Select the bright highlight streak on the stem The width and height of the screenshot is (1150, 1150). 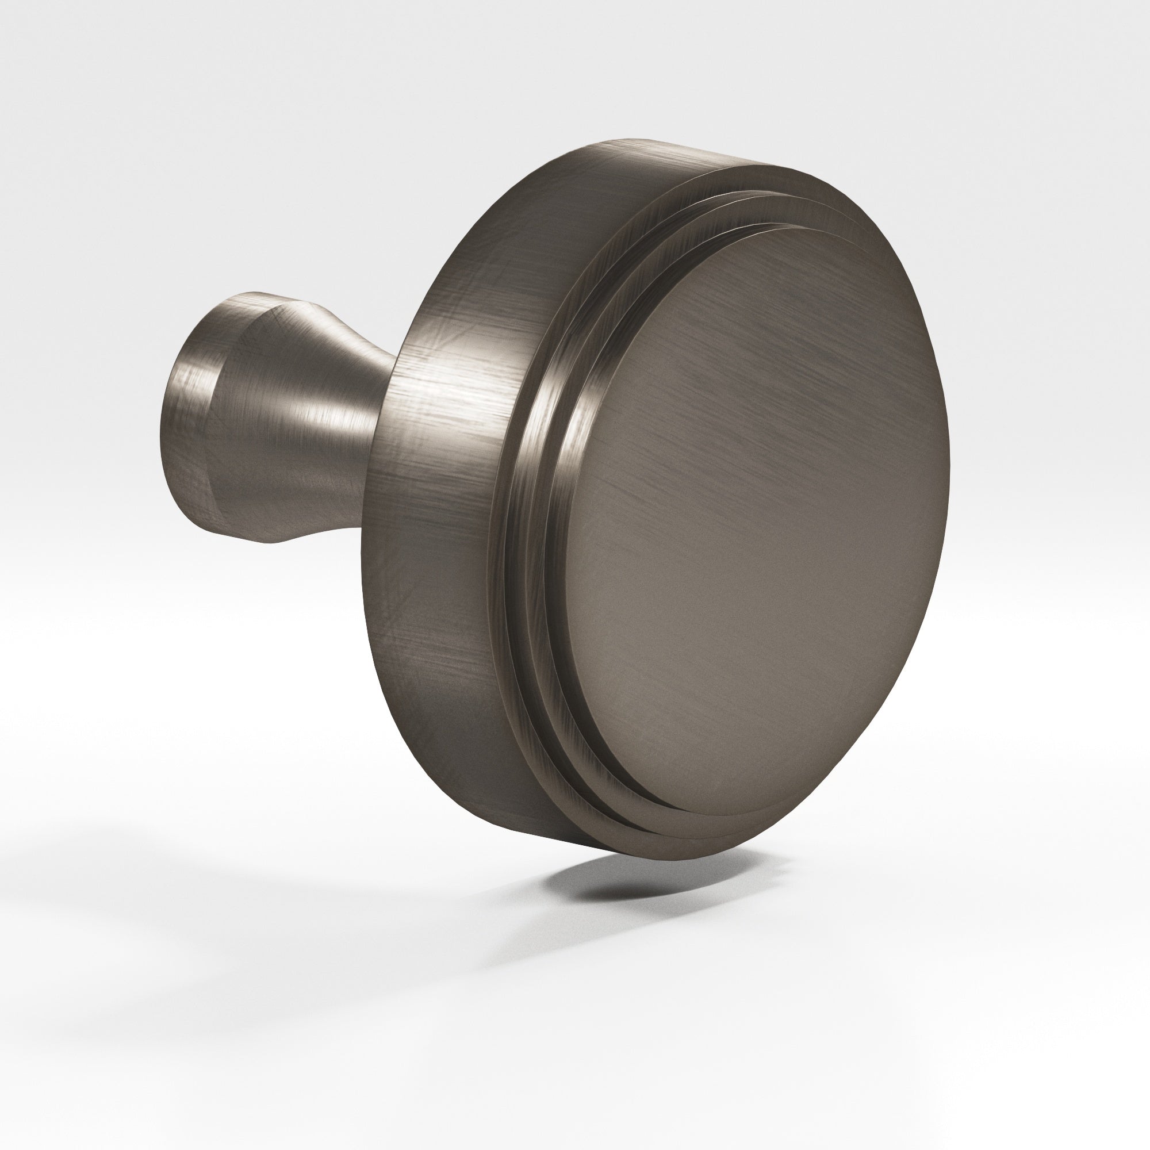click(x=309, y=411)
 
